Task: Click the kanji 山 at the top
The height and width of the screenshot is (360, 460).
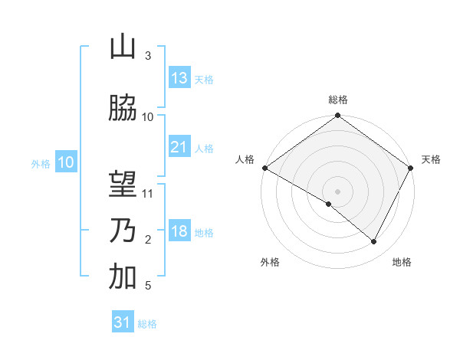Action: pos(123,47)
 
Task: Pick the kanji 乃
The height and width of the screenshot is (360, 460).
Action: pos(123,231)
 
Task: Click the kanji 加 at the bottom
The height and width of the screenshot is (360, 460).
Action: pos(123,277)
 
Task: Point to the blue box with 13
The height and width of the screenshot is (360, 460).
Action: pos(179,78)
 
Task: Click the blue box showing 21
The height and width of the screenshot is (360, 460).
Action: pos(179,147)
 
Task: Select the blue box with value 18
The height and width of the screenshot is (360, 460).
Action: pos(179,231)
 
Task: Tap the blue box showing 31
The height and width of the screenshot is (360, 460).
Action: pos(123,322)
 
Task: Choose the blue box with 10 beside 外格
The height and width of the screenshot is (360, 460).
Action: pos(65,162)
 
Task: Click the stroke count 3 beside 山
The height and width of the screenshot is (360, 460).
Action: pos(148,56)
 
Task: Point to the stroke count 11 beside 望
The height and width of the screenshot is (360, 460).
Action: pos(148,194)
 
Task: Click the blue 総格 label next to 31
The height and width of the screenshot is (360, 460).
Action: pos(147,324)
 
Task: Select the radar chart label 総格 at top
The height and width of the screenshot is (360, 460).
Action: pos(338,100)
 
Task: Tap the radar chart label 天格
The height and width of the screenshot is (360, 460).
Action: pos(431,159)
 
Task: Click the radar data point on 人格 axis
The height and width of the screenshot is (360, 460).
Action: pos(264,168)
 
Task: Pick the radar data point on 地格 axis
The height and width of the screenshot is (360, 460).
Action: pos(374,242)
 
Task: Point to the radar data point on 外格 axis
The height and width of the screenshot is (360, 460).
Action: pos(329,204)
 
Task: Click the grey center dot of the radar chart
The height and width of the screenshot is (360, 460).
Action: pos(338,191)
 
